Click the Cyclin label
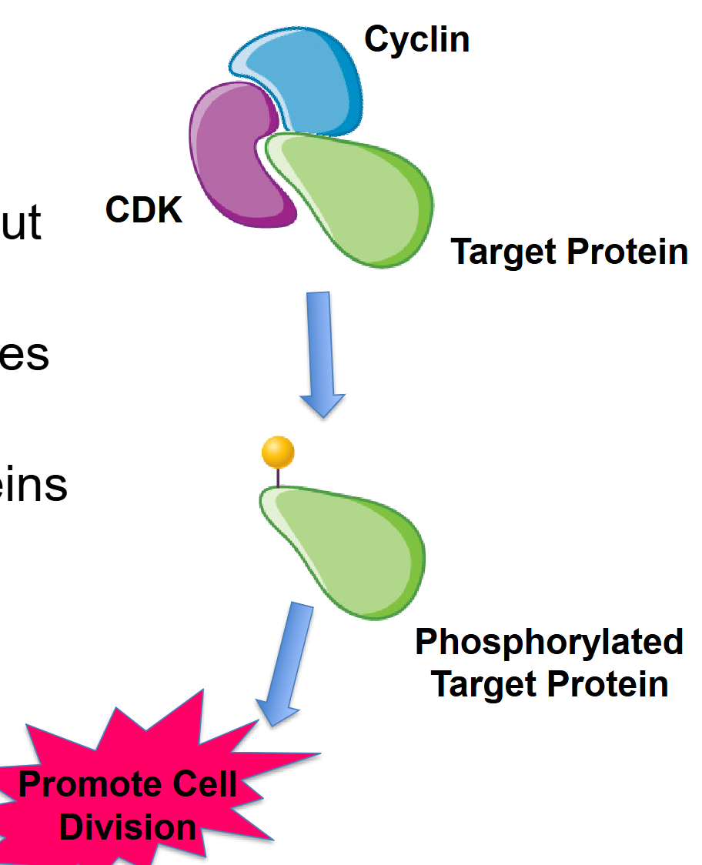[416, 38]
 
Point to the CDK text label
[144, 209]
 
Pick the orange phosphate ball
[278, 453]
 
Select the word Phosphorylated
[549, 643]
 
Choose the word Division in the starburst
[128, 828]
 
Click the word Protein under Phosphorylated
[603, 684]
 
